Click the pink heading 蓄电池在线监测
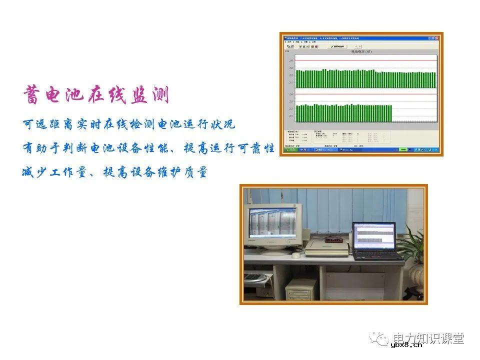[x=96, y=95]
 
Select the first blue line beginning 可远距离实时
[x=128, y=124]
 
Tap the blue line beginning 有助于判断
[x=148, y=148]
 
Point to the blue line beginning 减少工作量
[x=114, y=172]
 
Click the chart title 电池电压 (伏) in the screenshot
[x=361, y=51]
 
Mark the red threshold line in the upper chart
[x=365, y=61]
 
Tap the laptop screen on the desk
[x=373, y=236]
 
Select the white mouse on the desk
[x=296, y=255]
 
